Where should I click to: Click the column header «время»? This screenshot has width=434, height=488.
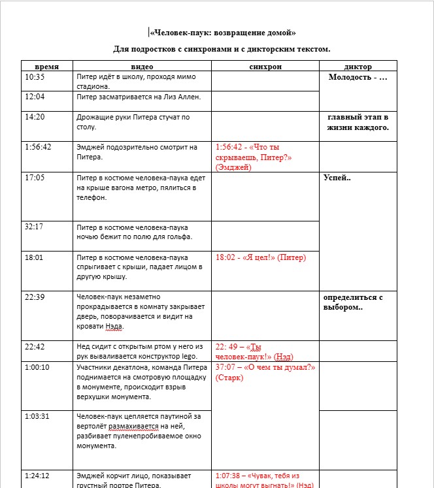click(46, 66)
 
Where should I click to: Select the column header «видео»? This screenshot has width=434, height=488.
click(142, 66)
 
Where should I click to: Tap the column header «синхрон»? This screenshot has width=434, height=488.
click(265, 66)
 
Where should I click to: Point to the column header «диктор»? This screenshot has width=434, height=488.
click(358, 66)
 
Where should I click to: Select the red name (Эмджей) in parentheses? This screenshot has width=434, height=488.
click(233, 167)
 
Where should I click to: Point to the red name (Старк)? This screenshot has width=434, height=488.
click(229, 377)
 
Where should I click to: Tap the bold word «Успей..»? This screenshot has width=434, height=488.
click(337, 177)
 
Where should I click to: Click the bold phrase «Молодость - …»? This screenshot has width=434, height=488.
click(358, 77)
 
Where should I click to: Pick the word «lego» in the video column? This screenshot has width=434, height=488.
click(189, 357)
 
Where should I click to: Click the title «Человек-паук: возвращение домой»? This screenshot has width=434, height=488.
click(222, 32)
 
